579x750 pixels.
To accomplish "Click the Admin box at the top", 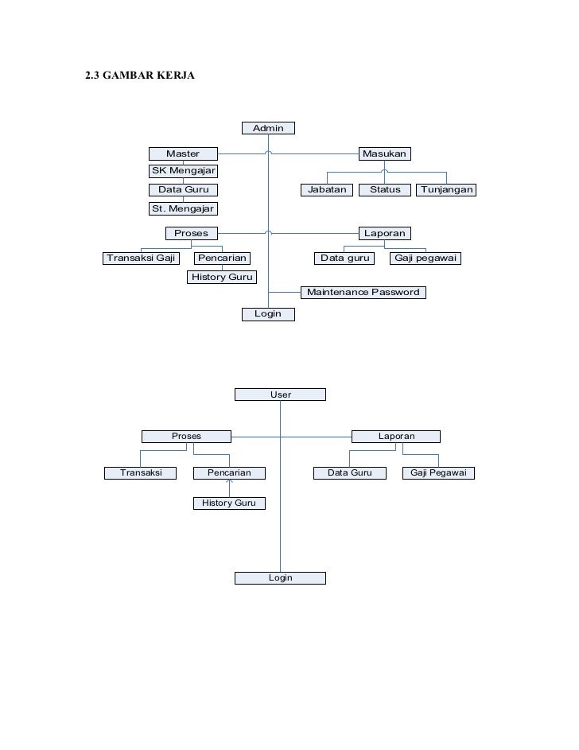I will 268,128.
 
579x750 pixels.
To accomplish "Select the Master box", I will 183,153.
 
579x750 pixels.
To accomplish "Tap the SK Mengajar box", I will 183,171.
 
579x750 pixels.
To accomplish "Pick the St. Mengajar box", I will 183,208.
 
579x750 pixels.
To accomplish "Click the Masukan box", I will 384,153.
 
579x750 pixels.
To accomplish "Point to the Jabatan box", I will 327,190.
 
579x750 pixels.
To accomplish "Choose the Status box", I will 385,190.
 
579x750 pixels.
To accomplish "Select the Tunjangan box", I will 447,190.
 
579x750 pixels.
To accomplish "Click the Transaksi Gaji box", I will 140,258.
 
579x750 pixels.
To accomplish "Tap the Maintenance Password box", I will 363,292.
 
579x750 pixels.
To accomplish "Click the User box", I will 280,394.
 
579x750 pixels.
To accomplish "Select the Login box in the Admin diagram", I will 268,314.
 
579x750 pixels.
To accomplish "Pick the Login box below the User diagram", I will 280,577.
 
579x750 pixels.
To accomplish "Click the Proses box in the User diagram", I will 186,436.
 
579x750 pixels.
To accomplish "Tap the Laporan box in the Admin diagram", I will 384,233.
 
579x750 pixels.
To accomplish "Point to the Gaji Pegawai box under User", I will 438,473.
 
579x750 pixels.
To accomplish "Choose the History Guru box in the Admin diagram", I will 222,277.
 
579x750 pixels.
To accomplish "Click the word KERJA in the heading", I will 173,77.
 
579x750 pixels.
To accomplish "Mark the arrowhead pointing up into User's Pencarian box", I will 229,483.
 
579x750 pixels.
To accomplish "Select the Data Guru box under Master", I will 183,190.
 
